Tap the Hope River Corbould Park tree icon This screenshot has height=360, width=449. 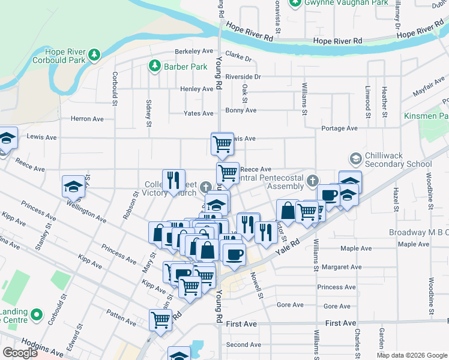(x=94, y=55)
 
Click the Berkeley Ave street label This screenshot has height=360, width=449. (x=194, y=52)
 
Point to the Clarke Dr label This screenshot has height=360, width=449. (x=238, y=58)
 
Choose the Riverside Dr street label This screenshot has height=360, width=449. (x=243, y=77)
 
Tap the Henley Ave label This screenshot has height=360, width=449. (x=196, y=89)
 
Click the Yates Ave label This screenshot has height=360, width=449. (x=199, y=113)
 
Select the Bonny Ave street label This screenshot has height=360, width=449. (x=241, y=110)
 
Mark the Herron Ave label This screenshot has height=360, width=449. (x=87, y=119)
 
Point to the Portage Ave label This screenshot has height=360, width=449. (x=339, y=128)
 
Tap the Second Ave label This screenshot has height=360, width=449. (x=244, y=345)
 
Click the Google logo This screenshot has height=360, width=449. (x=20, y=353)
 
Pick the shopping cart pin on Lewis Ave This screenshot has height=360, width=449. (x=222, y=143)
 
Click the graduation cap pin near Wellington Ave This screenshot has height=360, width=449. (x=73, y=187)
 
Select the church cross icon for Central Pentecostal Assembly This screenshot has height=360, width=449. (x=312, y=181)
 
